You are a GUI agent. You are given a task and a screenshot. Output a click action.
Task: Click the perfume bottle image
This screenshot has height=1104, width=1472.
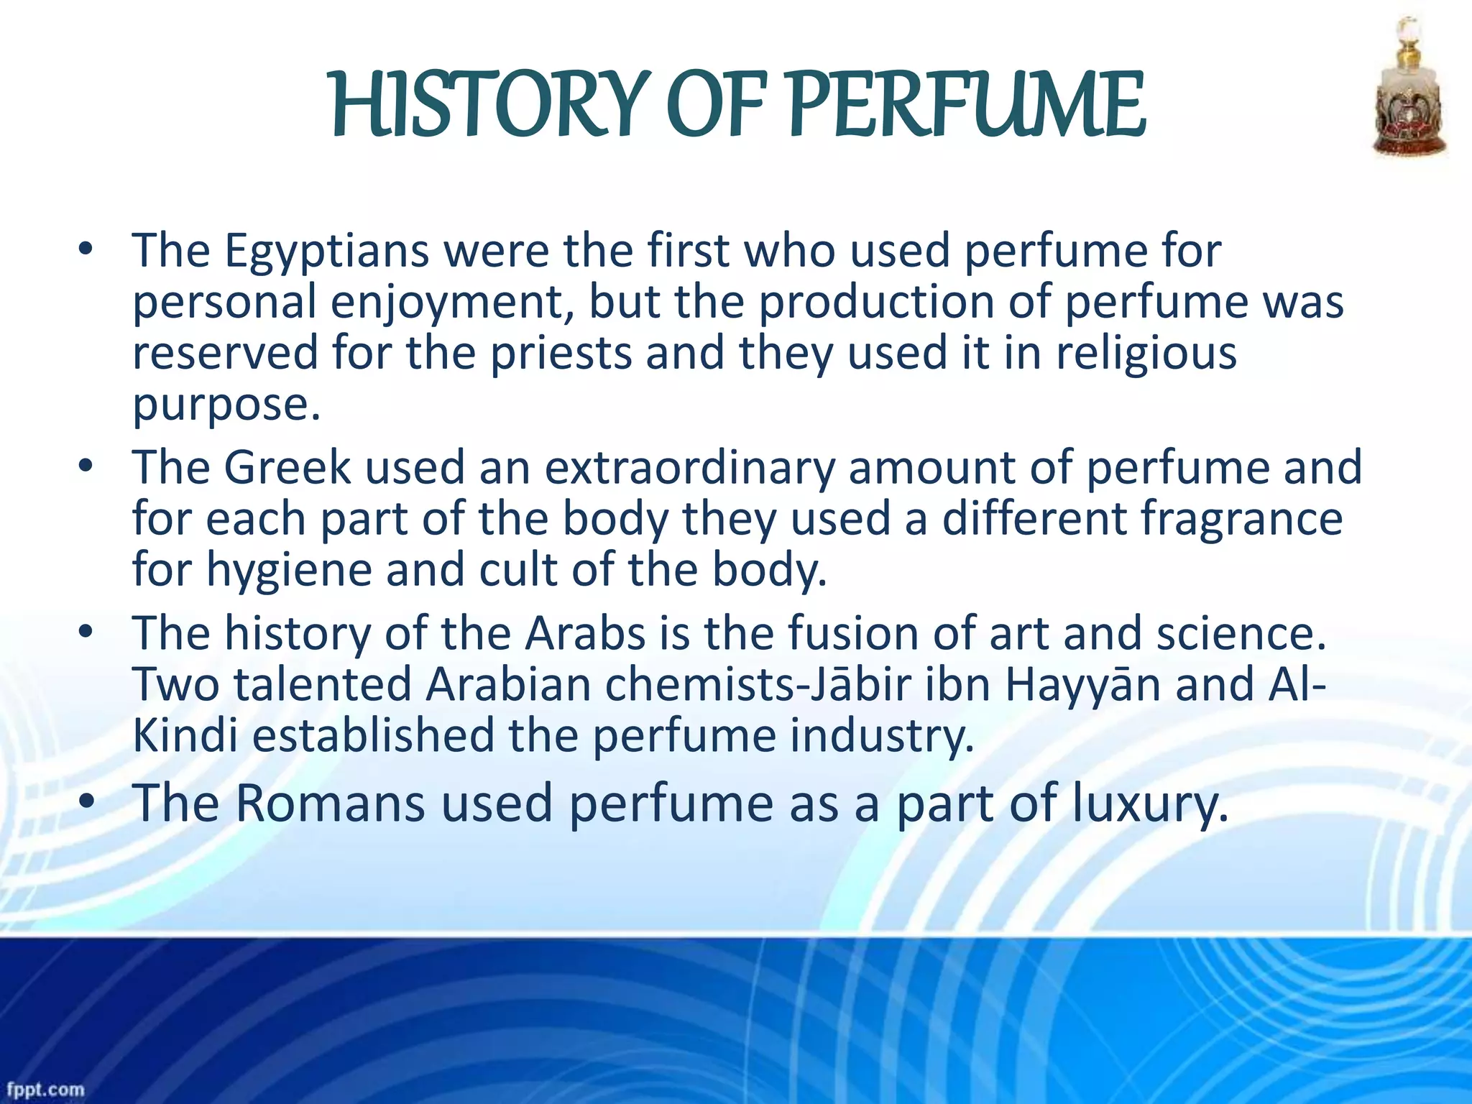(x=1409, y=90)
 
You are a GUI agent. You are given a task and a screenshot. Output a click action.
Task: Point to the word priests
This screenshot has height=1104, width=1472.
(x=561, y=354)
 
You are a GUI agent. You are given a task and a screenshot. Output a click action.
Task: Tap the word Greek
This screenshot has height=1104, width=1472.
(x=287, y=468)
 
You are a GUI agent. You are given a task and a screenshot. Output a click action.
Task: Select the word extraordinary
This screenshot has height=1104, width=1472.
(x=689, y=468)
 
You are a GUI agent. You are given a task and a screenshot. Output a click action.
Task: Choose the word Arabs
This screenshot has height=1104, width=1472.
(x=586, y=634)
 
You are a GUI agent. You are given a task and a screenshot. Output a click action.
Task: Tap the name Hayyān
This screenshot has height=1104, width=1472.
(x=1082, y=685)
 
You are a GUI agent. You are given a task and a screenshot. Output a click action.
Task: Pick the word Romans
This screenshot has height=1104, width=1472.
(x=330, y=804)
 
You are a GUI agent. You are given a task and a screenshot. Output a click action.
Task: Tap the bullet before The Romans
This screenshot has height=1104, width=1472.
(x=87, y=804)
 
